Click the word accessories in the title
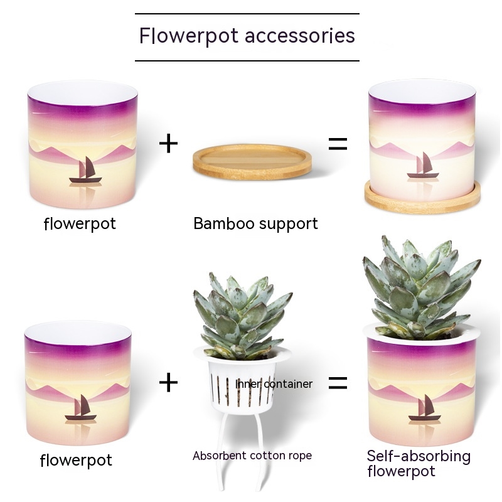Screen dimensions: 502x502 click(x=300, y=35)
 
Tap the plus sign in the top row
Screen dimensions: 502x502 click(x=168, y=144)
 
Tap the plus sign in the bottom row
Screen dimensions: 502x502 click(x=168, y=382)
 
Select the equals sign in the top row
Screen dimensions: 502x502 click(x=338, y=144)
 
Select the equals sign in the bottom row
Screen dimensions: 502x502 click(x=338, y=382)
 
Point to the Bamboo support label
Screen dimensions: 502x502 click(x=255, y=223)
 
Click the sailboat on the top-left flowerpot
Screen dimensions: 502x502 click(x=85, y=172)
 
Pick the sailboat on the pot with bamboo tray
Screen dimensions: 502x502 click(x=422, y=166)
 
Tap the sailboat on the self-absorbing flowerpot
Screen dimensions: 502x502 click(x=425, y=409)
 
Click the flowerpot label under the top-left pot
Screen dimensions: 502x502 click(x=80, y=223)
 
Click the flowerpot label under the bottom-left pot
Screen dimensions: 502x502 click(x=76, y=460)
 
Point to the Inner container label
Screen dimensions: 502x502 click(x=274, y=383)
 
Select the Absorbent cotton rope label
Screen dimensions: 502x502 click(x=252, y=456)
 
